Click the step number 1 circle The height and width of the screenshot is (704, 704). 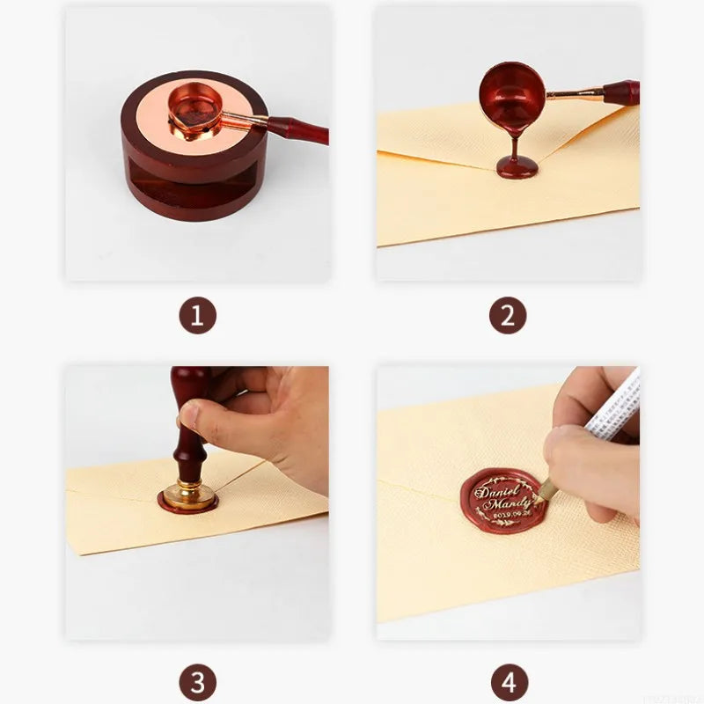[x=197, y=315]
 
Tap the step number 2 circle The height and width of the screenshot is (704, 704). [x=508, y=315]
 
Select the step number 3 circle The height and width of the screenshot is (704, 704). [x=197, y=682]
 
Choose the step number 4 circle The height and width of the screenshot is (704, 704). [x=508, y=682]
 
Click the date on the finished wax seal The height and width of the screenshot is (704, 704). [x=498, y=517]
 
